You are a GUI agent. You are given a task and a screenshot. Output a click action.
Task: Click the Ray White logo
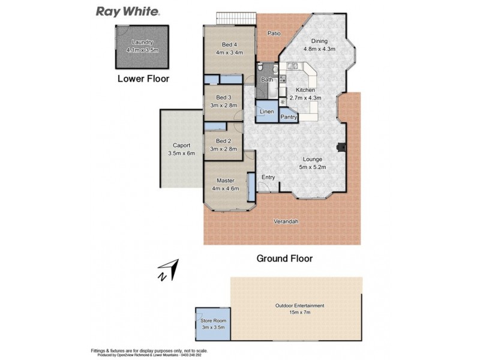coord(128,11)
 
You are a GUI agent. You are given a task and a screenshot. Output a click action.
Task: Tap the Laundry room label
coord(142,42)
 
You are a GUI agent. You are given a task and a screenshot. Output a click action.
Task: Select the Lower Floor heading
coord(143,79)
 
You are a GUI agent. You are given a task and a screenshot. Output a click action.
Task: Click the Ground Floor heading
coord(284,259)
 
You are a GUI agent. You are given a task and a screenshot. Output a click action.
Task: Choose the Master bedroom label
coord(224,181)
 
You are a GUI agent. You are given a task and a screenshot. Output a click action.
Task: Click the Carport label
coord(181,145)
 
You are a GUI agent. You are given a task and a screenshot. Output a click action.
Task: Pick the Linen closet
coord(266,112)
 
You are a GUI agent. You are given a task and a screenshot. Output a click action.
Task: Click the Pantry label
coord(289,117)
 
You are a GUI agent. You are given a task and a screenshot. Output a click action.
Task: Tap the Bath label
coord(268,79)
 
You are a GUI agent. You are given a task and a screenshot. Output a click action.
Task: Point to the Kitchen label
coord(305,90)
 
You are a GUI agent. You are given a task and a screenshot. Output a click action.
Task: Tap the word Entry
coord(268,176)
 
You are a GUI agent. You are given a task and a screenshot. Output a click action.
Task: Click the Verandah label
coord(286,221)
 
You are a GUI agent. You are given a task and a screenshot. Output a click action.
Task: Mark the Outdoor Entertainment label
coord(299,305)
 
